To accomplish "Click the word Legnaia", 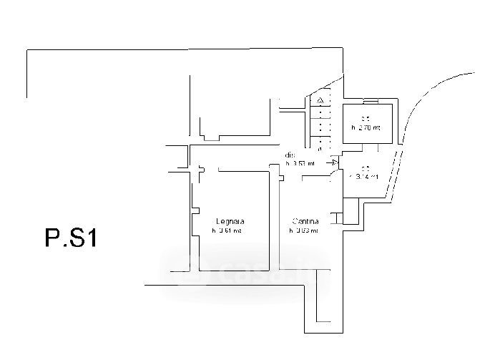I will click(x=228, y=220).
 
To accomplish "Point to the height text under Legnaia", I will click(x=227, y=230).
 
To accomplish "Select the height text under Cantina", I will click(x=303, y=230).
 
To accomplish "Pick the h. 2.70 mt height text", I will click(x=366, y=127).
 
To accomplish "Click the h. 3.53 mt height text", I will click(x=300, y=163).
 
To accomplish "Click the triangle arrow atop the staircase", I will click(x=321, y=99).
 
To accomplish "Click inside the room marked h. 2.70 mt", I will click(x=366, y=136).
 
